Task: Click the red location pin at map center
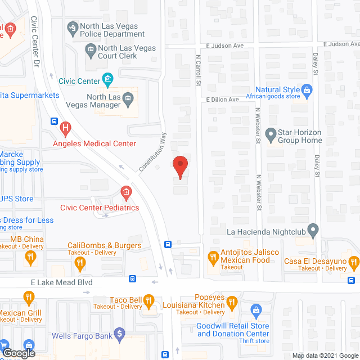(x=180, y=167)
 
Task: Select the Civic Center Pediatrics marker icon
(x=126, y=193)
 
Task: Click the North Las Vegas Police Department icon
(x=72, y=26)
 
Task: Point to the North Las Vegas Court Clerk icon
(x=91, y=52)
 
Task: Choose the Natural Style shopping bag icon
(x=307, y=89)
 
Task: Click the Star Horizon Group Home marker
(x=271, y=135)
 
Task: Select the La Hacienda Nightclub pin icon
(x=313, y=230)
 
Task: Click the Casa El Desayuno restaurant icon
(x=354, y=261)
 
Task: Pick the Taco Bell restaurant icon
(x=148, y=301)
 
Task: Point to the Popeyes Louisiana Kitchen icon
(x=231, y=305)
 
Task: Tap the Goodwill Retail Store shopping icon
(x=256, y=310)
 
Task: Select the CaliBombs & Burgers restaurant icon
(x=80, y=261)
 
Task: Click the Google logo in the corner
(x=19, y=353)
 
